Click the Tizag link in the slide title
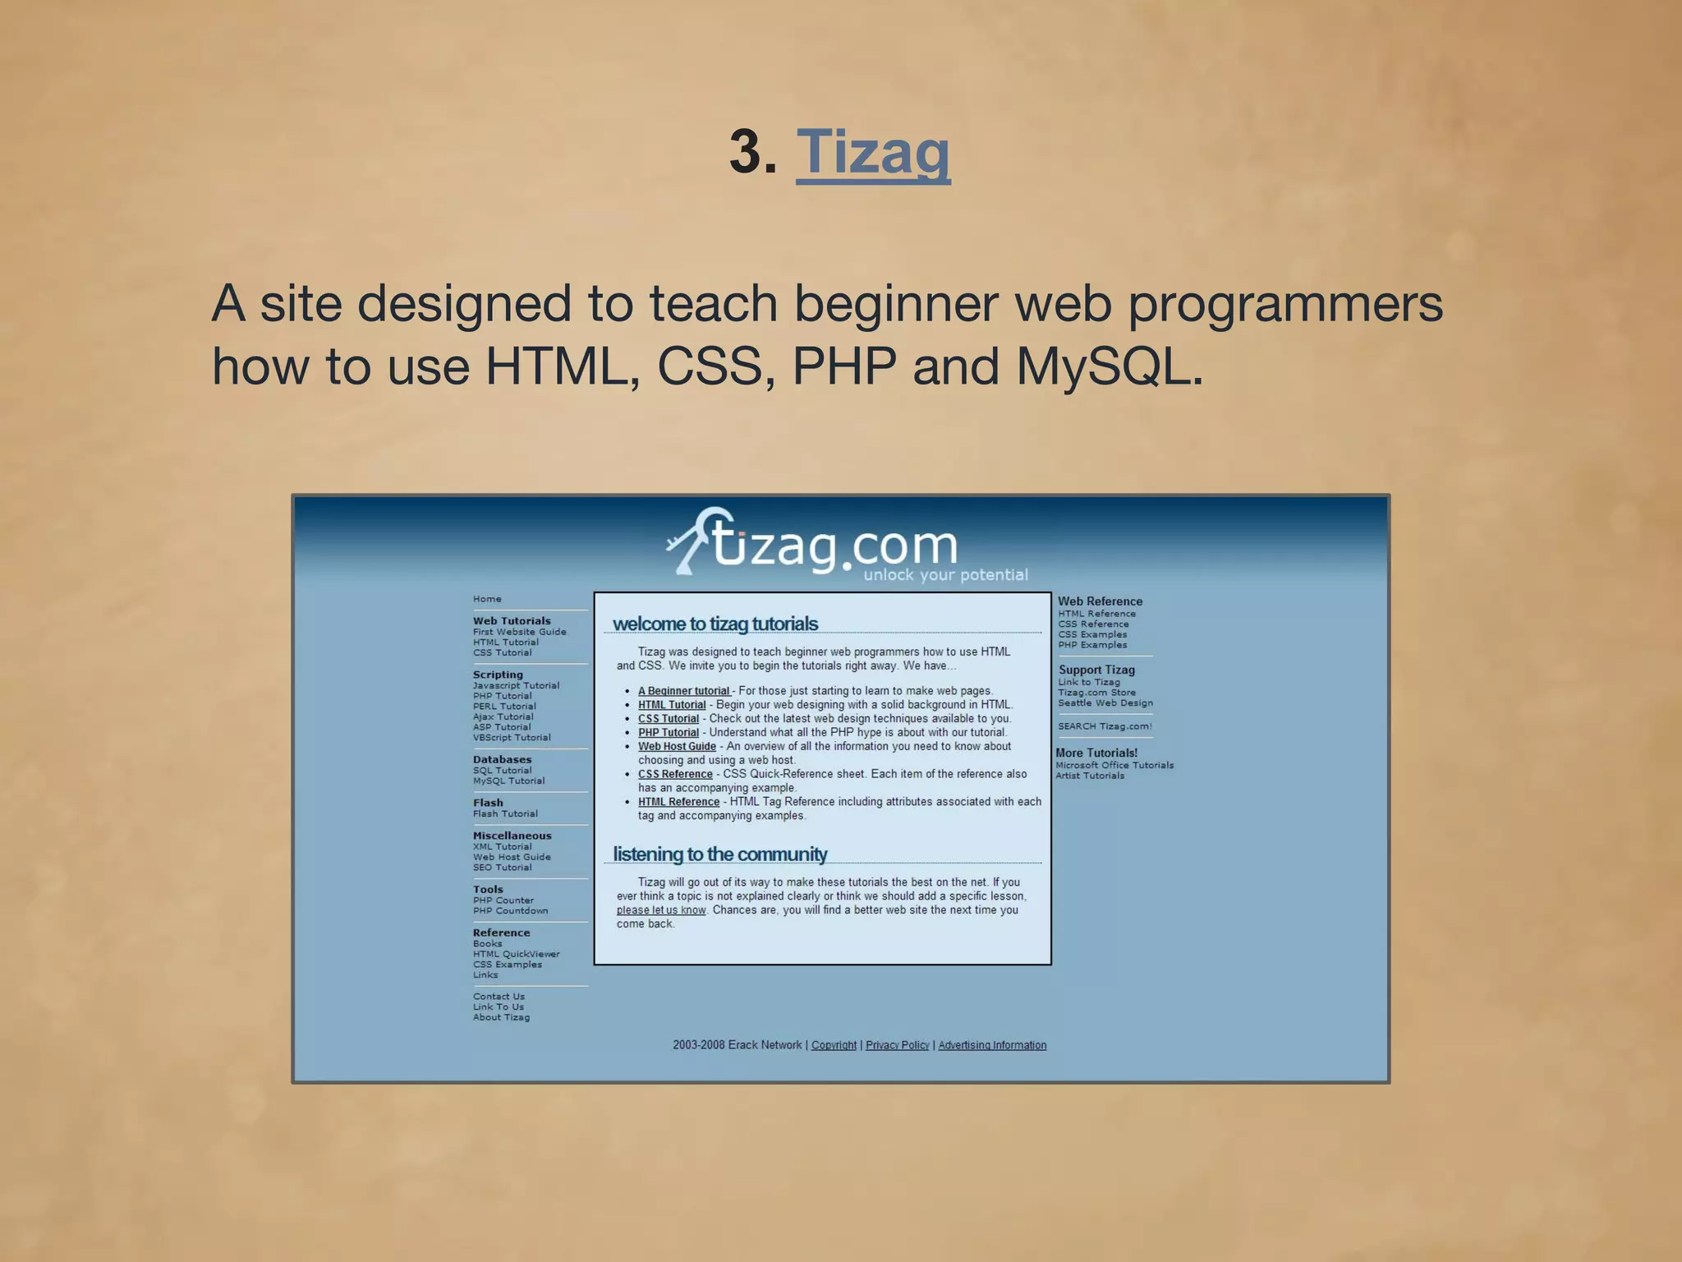tap(873, 152)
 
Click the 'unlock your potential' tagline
tap(945, 575)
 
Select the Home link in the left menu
tap(487, 599)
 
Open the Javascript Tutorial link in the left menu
tap(516, 685)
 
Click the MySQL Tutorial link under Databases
tap(508, 781)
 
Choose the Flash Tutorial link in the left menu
tap(505, 813)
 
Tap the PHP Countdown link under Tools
tap(510, 910)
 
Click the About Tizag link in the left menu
tap(501, 1017)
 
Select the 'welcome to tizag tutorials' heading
tap(715, 624)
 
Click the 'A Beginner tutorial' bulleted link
tap(684, 691)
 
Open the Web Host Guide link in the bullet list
tap(677, 746)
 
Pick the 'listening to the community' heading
tap(720, 854)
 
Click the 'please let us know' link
tap(661, 910)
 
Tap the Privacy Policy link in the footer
tap(897, 1045)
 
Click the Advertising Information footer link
tap(992, 1045)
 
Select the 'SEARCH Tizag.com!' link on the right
tap(1105, 726)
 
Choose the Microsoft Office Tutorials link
tap(1114, 765)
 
